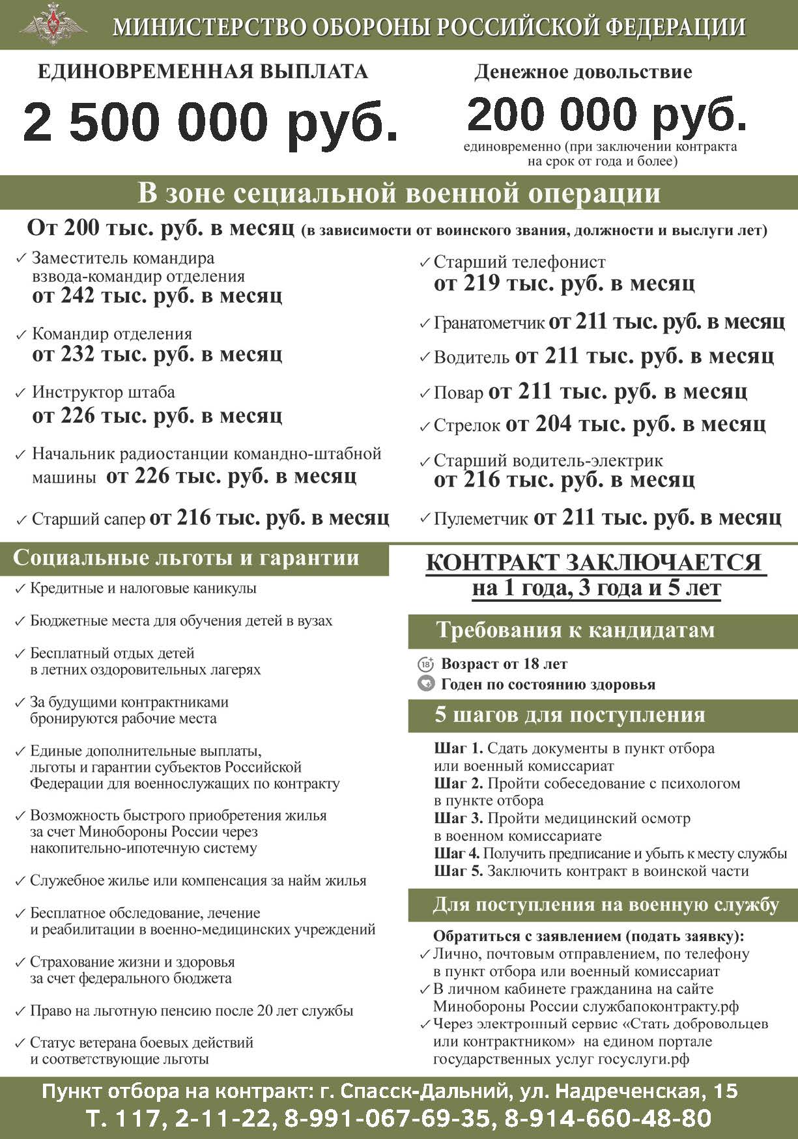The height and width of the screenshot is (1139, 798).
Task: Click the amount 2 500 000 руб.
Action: tap(210, 121)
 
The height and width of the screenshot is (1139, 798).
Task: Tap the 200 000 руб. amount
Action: tap(606, 114)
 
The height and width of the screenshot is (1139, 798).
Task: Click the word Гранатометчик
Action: tap(489, 323)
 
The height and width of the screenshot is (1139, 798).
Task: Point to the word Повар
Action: tap(458, 393)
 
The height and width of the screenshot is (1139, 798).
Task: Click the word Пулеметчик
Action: tap(481, 519)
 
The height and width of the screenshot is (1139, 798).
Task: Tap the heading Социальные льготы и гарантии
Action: tap(186, 558)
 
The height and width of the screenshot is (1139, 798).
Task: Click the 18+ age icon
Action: tap(425, 664)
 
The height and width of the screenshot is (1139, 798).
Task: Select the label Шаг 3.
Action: tap(458, 819)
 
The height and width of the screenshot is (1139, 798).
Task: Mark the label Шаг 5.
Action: tap(458, 871)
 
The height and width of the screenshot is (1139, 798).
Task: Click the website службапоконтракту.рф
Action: tap(661, 1006)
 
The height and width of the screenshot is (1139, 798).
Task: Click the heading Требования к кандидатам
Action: tap(575, 630)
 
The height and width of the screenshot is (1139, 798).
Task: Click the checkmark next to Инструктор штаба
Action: tap(20, 393)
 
